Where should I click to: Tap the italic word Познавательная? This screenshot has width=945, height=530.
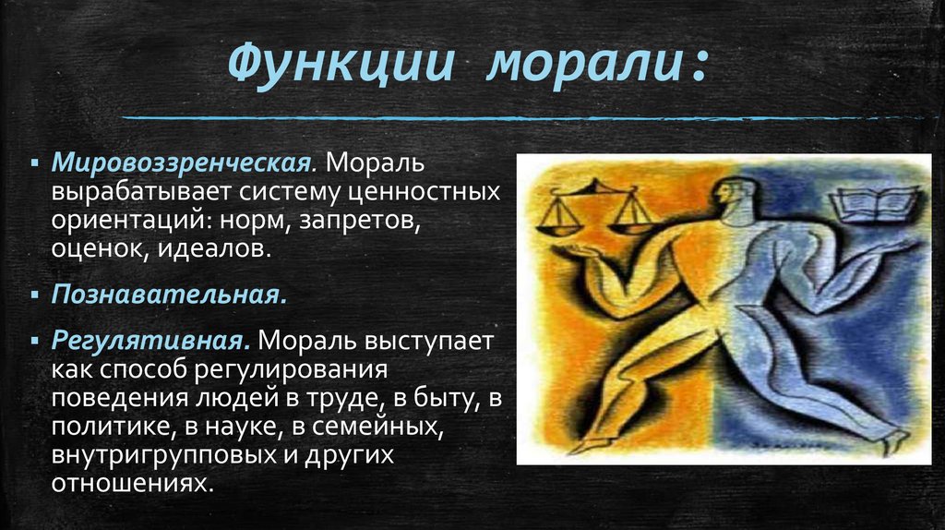(166, 295)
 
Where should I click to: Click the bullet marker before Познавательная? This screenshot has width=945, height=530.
(34, 296)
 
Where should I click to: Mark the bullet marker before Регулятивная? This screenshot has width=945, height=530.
(34, 341)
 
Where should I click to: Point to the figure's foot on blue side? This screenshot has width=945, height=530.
(891, 441)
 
